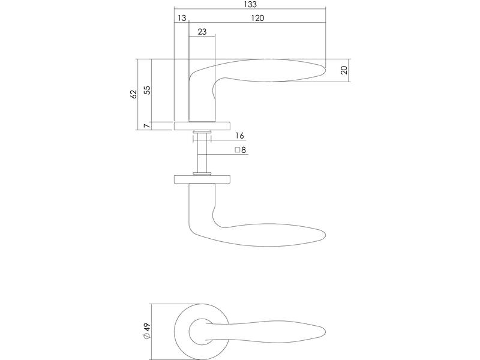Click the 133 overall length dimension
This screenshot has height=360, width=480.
click(250, 4)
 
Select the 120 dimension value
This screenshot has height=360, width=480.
click(257, 18)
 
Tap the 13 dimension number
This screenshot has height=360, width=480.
click(182, 18)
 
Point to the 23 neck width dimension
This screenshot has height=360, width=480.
click(202, 32)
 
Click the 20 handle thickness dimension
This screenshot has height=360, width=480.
click(344, 70)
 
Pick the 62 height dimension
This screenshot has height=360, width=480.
click(133, 94)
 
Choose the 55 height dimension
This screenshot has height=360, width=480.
click(147, 90)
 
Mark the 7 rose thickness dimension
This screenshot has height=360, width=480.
click(147, 126)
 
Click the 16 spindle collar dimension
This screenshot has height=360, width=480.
click(239, 136)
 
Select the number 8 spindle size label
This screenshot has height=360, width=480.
click(244, 150)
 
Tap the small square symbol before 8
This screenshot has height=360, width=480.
click(237, 150)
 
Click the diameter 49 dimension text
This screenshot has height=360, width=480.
click(147, 331)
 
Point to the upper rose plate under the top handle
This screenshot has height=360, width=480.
click(202, 126)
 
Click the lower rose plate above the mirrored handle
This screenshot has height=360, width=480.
click(202, 179)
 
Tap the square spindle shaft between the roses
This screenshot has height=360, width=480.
click(202, 153)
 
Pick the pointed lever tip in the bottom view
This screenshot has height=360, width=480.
click(325, 332)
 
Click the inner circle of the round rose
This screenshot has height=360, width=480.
click(189, 332)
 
